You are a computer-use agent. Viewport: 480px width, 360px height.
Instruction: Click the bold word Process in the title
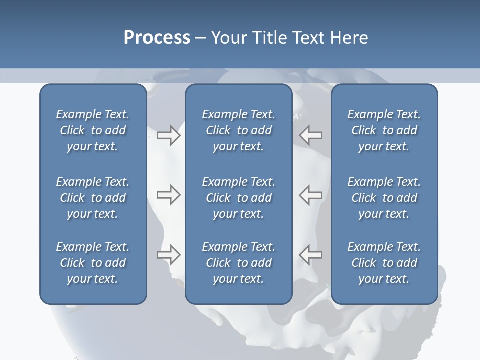(x=157, y=38)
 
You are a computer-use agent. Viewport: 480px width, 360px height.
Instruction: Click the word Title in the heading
(x=271, y=38)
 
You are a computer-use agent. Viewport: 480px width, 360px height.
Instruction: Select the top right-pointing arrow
(x=168, y=135)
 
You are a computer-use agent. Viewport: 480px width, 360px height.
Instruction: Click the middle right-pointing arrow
(x=168, y=195)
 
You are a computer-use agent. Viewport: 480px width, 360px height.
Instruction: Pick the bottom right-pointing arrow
(x=168, y=254)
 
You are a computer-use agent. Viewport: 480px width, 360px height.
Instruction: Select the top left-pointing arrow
(x=311, y=135)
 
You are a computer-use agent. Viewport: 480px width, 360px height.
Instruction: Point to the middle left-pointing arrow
(x=311, y=195)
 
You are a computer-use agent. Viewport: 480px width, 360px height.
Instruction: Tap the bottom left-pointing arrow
(x=311, y=254)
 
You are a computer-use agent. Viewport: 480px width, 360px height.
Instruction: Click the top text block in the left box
(x=93, y=130)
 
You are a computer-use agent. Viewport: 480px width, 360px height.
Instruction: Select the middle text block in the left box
(x=93, y=198)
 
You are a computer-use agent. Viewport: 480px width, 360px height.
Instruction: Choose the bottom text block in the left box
(x=93, y=263)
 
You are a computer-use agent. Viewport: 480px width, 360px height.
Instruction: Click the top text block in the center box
(x=238, y=130)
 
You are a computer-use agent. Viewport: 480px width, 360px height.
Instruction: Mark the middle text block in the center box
(x=238, y=198)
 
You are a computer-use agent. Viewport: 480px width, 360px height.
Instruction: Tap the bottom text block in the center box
(x=238, y=263)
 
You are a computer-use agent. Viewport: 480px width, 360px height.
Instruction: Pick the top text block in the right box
(x=384, y=130)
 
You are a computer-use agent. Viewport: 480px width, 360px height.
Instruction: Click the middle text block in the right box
(x=384, y=198)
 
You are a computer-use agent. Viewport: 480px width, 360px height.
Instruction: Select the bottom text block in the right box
(x=384, y=263)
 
